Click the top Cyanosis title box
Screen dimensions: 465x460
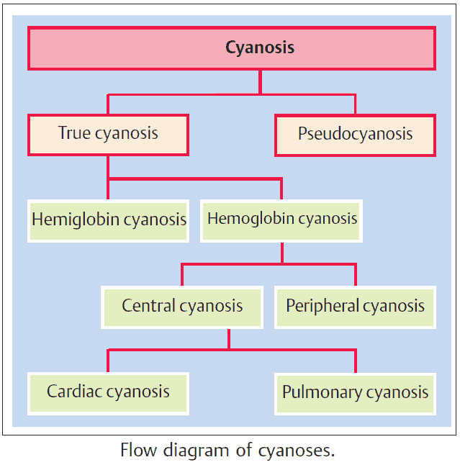(x=231, y=48)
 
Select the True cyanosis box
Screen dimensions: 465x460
(x=108, y=134)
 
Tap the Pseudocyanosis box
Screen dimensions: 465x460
(x=355, y=135)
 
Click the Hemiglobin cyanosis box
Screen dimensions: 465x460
(x=109, y=220)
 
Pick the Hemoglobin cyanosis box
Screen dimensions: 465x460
(x=281, y=218)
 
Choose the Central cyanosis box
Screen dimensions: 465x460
(x=182, y=306)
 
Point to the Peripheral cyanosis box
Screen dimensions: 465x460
(x=355, y=306)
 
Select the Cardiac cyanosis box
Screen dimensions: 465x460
(x=108, y=392)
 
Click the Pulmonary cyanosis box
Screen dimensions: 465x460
(x=355, y=393)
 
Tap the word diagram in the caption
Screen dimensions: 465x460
(x=193, y=452)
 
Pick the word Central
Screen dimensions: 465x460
(x=148, y=306)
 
